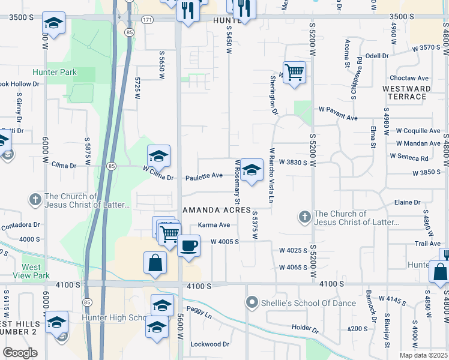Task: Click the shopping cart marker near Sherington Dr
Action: click(294, 73)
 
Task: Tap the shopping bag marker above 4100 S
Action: click(155, 263)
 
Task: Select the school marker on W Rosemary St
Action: click(252, 170)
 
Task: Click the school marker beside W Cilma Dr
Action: click(158, 157)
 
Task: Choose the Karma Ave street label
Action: click(214, 225)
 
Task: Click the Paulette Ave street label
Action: click(204, 176)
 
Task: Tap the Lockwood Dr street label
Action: click(209, 344)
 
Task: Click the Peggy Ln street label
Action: click(200, 314)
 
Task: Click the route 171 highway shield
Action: click(147, 20)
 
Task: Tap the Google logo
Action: click(20, 353)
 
